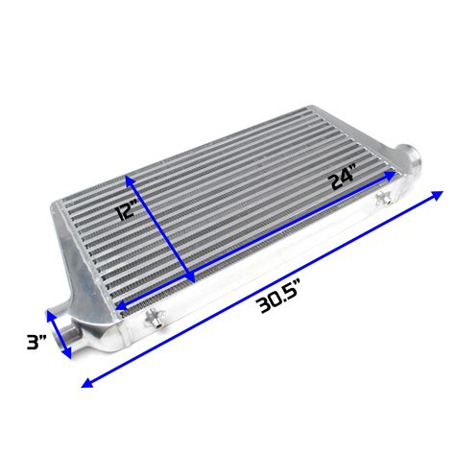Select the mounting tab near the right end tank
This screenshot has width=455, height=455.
click(x=383, y=199)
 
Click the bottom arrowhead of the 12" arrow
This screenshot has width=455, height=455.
click(x=190, y=279)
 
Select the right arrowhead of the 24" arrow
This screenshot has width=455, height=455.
click(x=393, y=176)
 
